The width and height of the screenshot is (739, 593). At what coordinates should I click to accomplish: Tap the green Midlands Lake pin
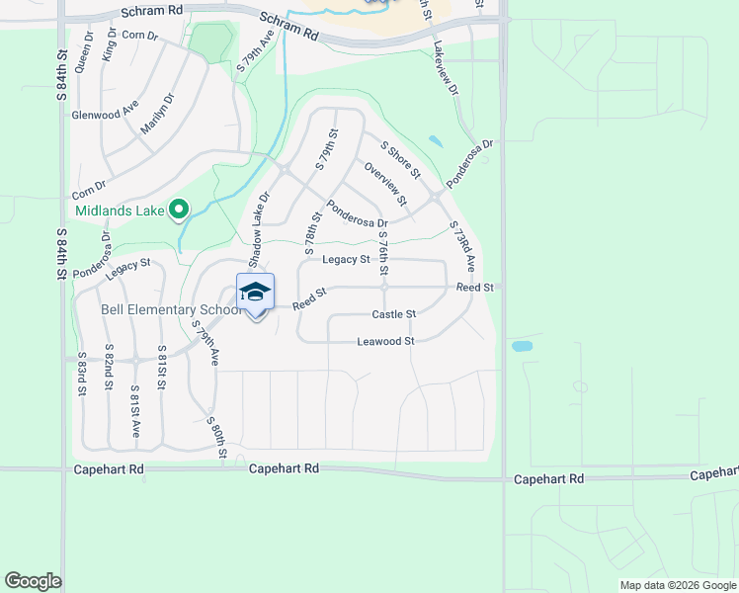click(179, 210)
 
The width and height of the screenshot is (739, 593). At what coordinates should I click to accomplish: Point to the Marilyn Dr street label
click(156, 115)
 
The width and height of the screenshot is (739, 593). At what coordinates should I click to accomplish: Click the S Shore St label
click(400, 160)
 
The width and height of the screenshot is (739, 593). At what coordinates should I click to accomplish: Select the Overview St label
click(385, 183)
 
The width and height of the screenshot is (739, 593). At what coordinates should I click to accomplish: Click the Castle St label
click(393, 314)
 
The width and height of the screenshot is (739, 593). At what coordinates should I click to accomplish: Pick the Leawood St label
click(385, 341)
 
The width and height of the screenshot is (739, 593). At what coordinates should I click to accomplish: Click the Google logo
click(33, 581)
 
